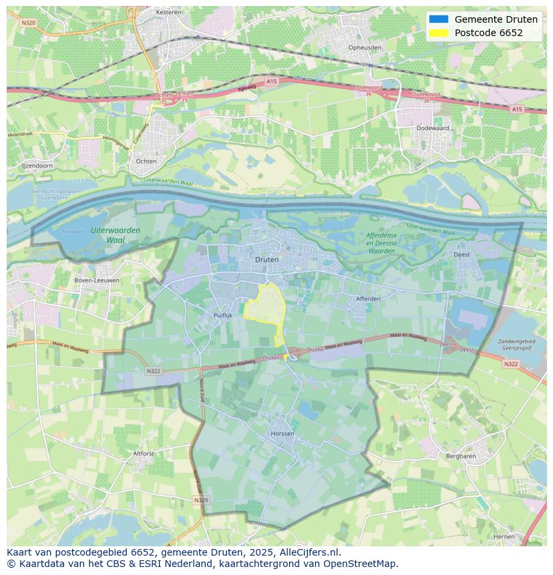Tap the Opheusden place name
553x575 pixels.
pyautogui.click(x=365, y=47)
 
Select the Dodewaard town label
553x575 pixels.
pyautogui.click(x=431, y=128)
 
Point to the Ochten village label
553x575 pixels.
pyautogui.click(x=146, y=161)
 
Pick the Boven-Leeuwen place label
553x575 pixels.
pyautogui.click(x=98, y=280)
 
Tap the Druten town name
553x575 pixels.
pyautogui.click(x=267, y=259)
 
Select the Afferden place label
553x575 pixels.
pyautogui.click(x=368, y=299)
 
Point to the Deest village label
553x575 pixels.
pyautogui.click(x=462, y=254)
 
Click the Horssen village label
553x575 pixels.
pyautogui.click(x=283, y=433)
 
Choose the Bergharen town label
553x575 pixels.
pyautogui.click(x=460, y=456)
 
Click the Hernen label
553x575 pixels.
pyautogui.click(x=504, y=536)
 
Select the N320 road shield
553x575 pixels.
pyautogui.click(x=27, y=22)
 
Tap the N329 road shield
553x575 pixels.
pyautogui.click(x=200, y=500)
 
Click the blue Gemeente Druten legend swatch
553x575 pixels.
pyautogui.click(x=439, y=19)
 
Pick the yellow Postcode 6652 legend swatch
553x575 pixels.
pyautogui.click(x=439, y=33)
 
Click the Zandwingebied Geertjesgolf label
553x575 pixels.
pyautogui.click(x=518, y=345)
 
